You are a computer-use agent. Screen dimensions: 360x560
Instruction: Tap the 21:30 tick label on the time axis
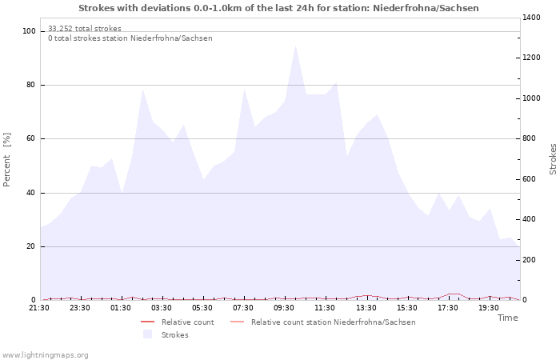coord(39,308)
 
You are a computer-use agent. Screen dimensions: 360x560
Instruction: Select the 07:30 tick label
coord(243,308)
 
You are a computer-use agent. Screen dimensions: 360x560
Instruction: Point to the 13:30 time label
coord(366,308)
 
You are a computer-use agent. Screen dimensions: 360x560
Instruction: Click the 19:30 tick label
coord(488,308)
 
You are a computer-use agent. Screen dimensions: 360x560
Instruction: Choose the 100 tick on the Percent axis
coord(30,31)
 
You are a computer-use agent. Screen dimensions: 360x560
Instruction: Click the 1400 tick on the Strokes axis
coord(532,18)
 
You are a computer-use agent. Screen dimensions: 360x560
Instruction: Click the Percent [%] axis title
coord(8,160)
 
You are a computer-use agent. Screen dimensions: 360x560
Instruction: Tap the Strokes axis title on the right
coord(553,158)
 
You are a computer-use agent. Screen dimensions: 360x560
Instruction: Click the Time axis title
coord(507,318)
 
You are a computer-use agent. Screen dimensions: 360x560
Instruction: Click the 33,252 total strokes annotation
coord(85,29)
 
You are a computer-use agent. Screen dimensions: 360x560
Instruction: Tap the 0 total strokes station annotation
coord(130,38)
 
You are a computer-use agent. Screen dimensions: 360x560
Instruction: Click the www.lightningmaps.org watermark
coord(45,355)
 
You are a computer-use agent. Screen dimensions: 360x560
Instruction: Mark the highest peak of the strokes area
coord(296,44)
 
